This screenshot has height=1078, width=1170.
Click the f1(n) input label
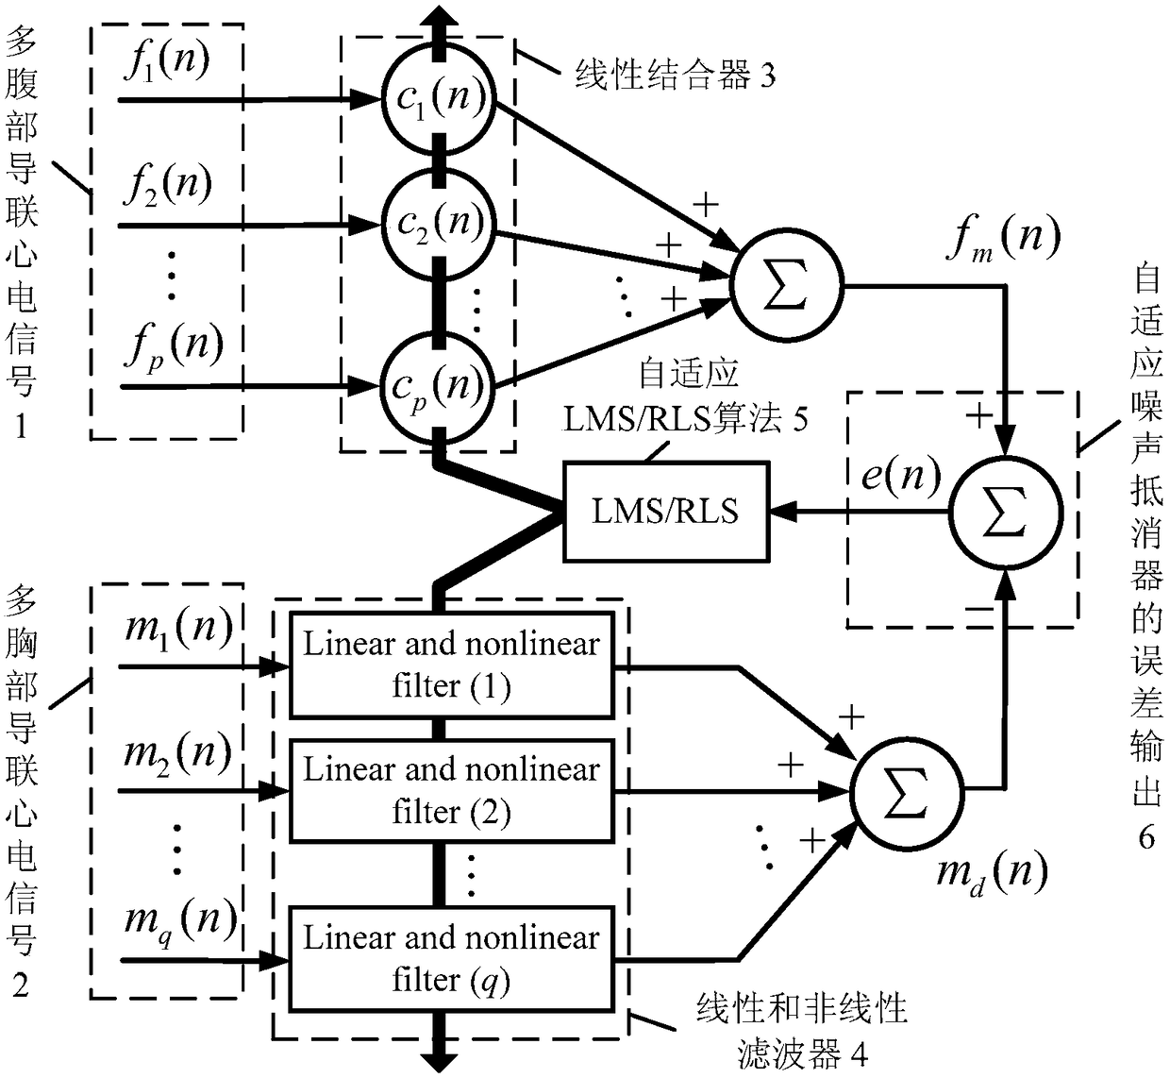(x=167, y=62)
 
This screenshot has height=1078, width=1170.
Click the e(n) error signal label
(x=902, y=476)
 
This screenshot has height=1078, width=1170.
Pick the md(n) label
(x=993, y=875)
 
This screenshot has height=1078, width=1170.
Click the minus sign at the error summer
(x=979, y=610)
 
